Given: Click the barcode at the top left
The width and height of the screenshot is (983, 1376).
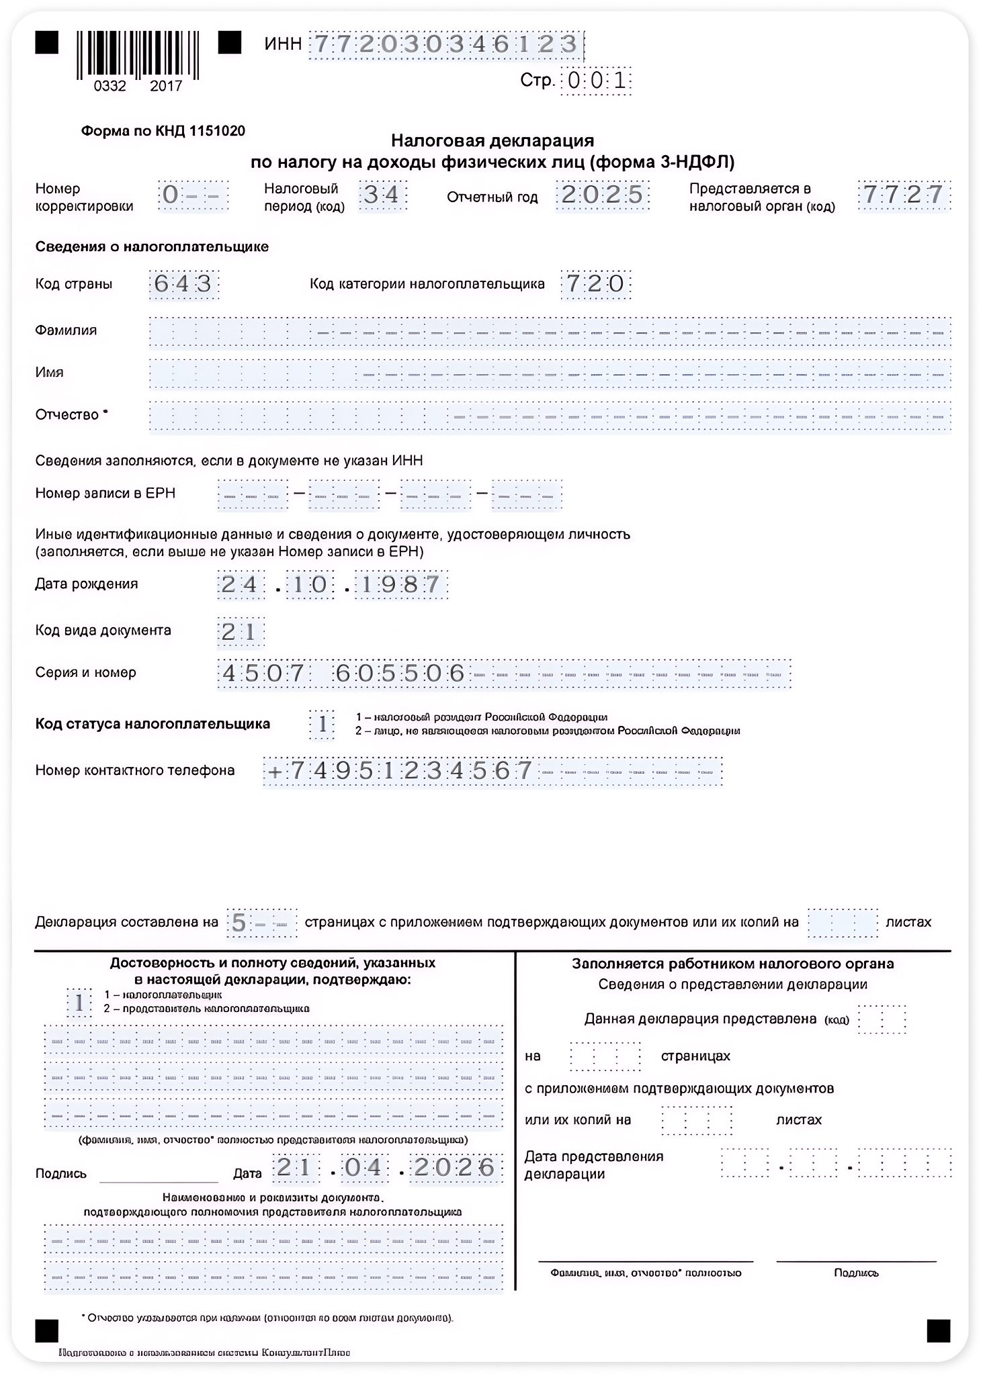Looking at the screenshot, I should tap(138, 54).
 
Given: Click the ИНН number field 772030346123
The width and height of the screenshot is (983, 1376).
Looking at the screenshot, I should tap(445, 44).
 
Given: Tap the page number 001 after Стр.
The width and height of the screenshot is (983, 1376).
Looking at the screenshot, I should tap(597, 81).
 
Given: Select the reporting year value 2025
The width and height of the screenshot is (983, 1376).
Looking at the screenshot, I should tap(602, 195).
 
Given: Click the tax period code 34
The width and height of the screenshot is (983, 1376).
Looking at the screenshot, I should tap(382, 195).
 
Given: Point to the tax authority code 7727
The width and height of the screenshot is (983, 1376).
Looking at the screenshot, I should tap(904, 195).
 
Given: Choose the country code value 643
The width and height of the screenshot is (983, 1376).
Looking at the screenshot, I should tap(183, 283).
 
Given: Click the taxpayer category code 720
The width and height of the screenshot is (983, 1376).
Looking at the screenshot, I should tap(596, 283).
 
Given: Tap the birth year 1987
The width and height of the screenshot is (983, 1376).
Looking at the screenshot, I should tap(401, 584).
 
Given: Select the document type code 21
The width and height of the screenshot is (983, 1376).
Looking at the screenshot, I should tap(240, 631).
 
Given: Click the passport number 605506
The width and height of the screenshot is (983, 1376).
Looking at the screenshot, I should tap(400, 673).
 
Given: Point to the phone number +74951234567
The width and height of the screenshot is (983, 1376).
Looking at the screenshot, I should tap(400, 770).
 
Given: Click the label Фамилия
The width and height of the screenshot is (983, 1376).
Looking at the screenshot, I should tap(66, 330).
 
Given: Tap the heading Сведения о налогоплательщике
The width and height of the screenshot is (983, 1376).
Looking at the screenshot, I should tap(152, 247).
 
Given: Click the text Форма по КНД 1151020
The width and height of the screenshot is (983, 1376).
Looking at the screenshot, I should tap(163, 131).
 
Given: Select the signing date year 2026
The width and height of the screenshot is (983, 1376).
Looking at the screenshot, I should tap(456, 1168).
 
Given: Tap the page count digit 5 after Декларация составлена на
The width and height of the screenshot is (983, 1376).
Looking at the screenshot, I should tap(239, 923).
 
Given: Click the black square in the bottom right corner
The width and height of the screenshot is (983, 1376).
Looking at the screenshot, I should tap(938, 1330).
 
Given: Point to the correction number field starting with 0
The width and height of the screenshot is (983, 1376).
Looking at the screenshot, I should tap(193, 195).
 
